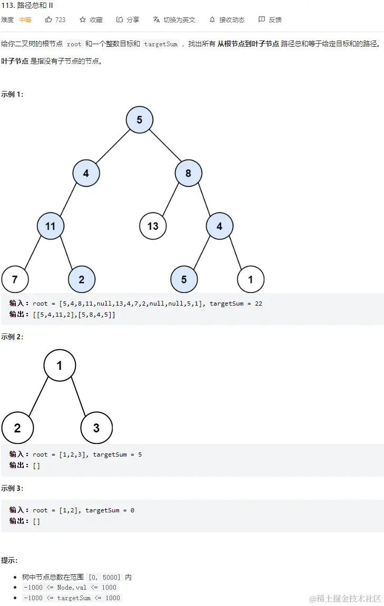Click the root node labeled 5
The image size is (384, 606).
[140, 120]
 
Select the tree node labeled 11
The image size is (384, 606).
[51, 226]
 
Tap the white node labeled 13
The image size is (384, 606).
[153, 226]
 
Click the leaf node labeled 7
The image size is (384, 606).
[15, 279]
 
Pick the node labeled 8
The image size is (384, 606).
[188, 173]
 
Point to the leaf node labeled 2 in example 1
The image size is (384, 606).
[82, 279]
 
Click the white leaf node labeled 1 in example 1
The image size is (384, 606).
[251, 279]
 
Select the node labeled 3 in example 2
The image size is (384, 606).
[96, 428]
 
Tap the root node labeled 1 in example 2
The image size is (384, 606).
[60, 365]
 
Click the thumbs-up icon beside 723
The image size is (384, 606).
[49, 19]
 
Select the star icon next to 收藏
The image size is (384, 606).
[83, 19]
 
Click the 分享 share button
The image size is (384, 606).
[128, 19]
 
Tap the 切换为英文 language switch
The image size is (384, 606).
[174, 19]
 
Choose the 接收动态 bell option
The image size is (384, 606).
[227, 19]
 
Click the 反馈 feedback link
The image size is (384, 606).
[270, 19]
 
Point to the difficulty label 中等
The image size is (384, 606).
[25, 19]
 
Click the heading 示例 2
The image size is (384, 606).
[12, 337]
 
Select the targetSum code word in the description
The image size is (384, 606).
[161, 44]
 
